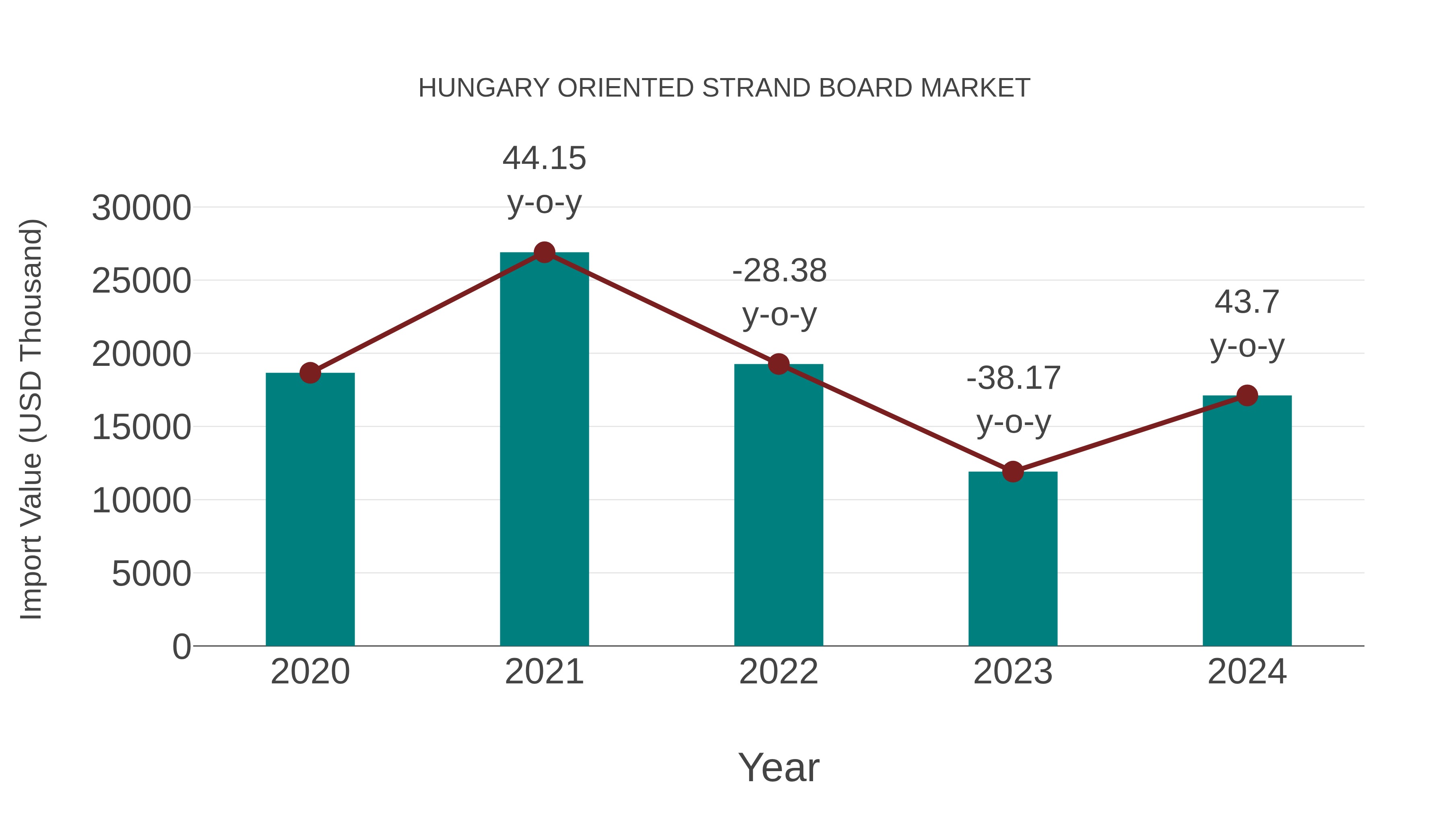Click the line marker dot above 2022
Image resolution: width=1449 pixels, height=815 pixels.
point(778,365)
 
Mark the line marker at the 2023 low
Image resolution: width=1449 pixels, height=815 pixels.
point(1013,472)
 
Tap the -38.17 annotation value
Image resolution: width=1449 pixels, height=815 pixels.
point(1013,378)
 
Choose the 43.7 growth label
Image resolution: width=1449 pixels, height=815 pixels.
point(1247,302)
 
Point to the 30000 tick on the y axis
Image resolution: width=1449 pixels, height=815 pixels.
point(141,208)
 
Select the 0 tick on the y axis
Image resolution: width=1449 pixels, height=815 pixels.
point(181,647)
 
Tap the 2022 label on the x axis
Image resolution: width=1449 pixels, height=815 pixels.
point(778,672)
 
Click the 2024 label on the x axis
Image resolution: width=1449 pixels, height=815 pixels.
point(1247,672)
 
